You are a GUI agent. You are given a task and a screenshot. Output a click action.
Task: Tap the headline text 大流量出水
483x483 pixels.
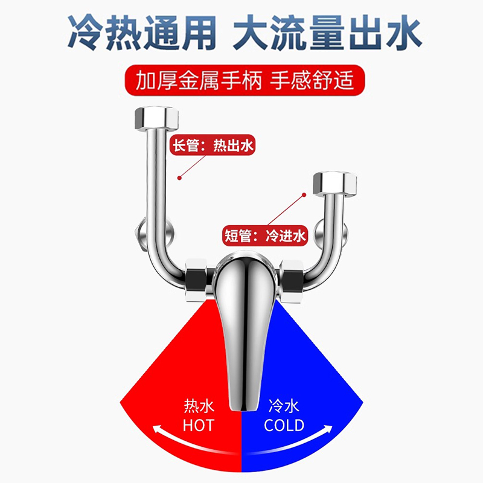coord(329,33)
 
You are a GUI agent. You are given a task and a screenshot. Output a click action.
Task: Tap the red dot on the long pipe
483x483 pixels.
coord(179,177)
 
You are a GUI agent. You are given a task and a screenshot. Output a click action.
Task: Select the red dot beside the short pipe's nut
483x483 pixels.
coord(304,195)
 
